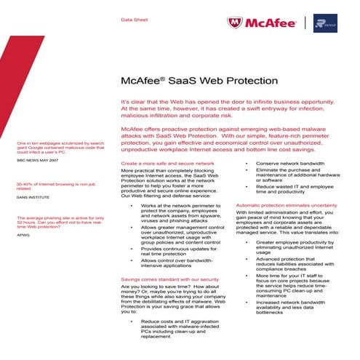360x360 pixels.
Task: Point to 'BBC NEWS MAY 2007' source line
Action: pyautogui.click(x=35, y=169)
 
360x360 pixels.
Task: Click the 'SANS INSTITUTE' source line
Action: pyautogui.click(x=31, y=197)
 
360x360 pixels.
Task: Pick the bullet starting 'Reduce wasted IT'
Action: pyautogui.click(x=295, y=191)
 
